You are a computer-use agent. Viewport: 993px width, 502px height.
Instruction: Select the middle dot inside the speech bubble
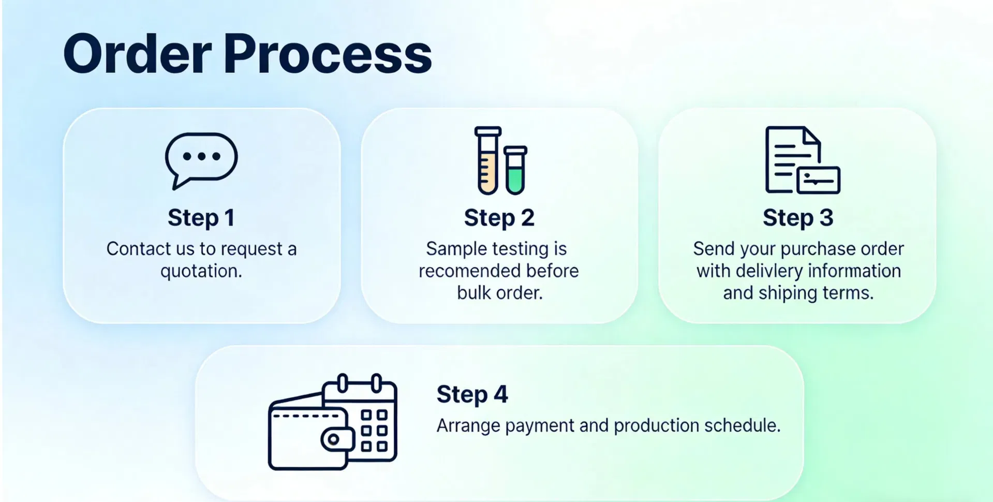[x=201, y=156]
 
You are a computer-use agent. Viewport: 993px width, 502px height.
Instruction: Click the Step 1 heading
[x=201, y=218]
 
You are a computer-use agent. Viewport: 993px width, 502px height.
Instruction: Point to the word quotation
[x=201, y=271]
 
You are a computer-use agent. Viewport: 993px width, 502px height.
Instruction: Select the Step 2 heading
[x=499, y=218]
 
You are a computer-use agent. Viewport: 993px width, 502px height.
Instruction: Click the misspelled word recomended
[x=463, y=271]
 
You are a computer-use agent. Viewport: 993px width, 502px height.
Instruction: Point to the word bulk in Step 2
[x=471, y=293]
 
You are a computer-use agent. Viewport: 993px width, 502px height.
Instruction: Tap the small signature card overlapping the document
[x=818, y=181]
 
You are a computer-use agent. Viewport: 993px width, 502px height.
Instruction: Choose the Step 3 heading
[x=798, y=218]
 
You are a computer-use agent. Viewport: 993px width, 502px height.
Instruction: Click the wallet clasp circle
[x=333, y=439]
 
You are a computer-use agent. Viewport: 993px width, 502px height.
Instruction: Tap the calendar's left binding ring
[x=342, y=383]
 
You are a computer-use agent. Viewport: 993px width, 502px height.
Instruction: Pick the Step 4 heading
[x=472, y=394]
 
